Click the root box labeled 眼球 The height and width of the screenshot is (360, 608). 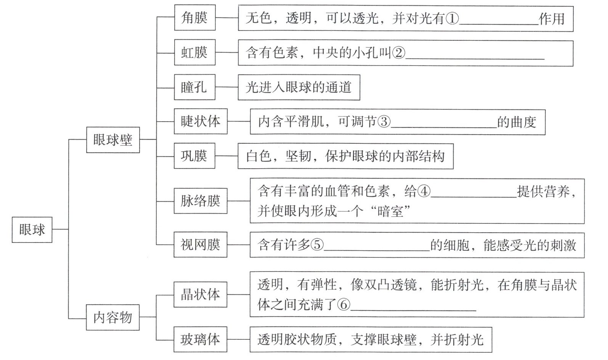point(32,230)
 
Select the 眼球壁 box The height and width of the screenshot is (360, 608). point(113,140)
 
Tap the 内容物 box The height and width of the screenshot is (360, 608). point(113,317)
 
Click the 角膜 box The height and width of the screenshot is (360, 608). point(194,18)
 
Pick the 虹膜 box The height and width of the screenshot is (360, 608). point(194,52)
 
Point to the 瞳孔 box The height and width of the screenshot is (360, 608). point(194,87)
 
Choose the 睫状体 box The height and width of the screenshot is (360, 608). point(201,121)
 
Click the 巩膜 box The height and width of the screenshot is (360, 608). point(194,156)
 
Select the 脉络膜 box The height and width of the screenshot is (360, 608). point(201,201)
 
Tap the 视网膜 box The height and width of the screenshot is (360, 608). point(201,244)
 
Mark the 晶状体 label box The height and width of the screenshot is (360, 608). point(201,294)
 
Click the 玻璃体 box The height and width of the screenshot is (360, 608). point(201,339)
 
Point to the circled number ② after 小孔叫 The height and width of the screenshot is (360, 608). point(398,53)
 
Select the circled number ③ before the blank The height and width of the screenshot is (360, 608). point(384,122)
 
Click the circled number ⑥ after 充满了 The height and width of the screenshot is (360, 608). point(343,305)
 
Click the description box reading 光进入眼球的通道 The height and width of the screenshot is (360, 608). point(298,88)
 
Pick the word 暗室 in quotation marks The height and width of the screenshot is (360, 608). point(389,211)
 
